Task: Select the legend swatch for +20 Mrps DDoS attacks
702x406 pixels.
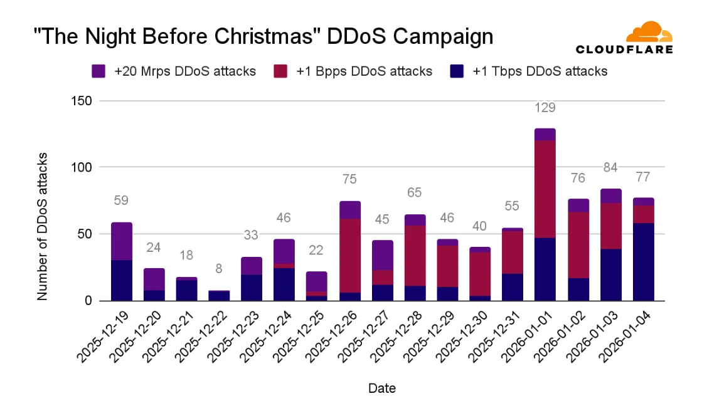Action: [x=99, y=71]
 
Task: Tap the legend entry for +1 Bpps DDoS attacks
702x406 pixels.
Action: [x=353, y=71]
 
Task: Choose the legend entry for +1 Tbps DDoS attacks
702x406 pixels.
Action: [x=529, y=71]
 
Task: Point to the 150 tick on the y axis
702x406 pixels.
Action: [x=80, y=101]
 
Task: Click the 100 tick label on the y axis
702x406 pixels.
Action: [x=80, y=168]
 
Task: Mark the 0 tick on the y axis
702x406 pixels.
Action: [x=88, y=301]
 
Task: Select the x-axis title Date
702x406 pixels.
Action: [x=381, y=388]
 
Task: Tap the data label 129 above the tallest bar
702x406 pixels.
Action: [x=545, y=108]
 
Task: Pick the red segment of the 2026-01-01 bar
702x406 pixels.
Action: [x=545, y=189]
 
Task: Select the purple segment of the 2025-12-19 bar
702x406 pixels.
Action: [x=122, y=241]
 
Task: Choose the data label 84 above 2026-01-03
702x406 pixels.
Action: [x=610, y=168]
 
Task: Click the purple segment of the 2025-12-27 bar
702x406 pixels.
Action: [x=383, y=255]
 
